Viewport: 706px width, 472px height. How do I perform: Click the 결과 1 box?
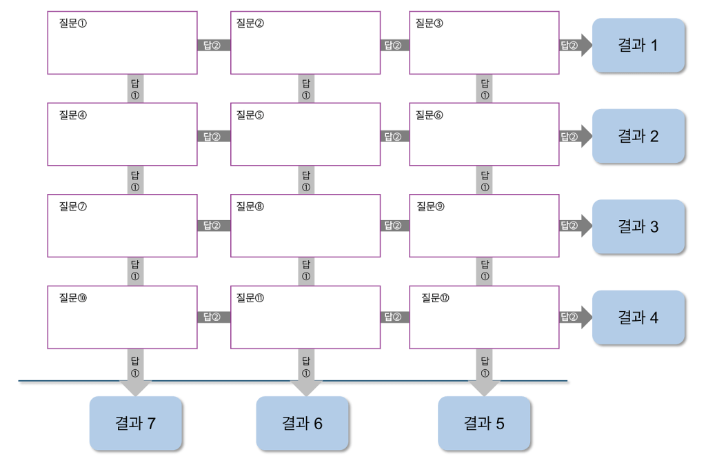pos(638,46)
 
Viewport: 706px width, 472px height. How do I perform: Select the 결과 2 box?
pos(638,136)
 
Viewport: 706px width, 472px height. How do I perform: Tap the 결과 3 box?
pos(638,226)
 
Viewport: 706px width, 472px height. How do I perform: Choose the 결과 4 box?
pos(638,317)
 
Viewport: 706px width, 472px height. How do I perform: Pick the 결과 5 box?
pos(485,423)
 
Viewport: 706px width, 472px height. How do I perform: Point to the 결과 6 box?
pos(302,423)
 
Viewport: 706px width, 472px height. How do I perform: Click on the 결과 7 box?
pos(136,423)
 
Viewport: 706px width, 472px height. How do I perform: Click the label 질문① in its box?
pos(73,23)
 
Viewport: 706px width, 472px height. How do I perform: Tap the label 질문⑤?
pos(250,115)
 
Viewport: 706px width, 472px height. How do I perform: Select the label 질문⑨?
pos(430,206)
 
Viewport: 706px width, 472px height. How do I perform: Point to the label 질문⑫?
pos(435,297)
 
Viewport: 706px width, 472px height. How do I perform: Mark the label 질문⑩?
pos(73,297)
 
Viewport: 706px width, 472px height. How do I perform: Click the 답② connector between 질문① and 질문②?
pos(214,46)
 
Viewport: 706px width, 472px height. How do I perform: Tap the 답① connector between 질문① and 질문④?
pos(135,88)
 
